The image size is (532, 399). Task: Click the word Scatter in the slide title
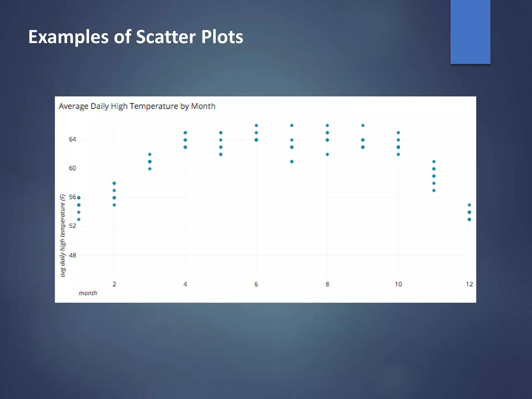[x=166, y=37]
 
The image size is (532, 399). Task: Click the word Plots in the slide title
[x=222, y=37]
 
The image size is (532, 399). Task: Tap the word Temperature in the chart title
[x=154, y=106]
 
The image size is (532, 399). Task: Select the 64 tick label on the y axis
[x=72, y=139]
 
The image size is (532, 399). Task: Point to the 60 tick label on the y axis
[x=72, y=168]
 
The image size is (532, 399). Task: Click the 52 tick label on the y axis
[x=72, y=226]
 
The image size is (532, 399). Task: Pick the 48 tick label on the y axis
[x=72, y=255]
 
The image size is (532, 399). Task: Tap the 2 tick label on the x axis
[x=114, y=284]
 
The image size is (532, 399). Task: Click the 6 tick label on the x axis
[x=256, y=284]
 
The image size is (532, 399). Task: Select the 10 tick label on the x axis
[x=398, y=284]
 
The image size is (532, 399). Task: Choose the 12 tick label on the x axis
[x=469, y=284]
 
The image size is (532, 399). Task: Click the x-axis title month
[x=88, y=293]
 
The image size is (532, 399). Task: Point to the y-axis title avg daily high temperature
[x=63, y=235]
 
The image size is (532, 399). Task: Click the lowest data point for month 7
[x=292, y=162]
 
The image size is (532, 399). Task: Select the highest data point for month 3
[x=150, y=155]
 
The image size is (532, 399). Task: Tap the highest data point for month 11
[x=434, y=162]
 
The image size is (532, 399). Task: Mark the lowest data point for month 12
[x=469, y=220]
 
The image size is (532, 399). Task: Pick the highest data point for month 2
[x=114, y=183]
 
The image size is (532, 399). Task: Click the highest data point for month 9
[x=363, y=125]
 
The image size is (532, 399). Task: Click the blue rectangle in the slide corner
[x=470, y=32]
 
